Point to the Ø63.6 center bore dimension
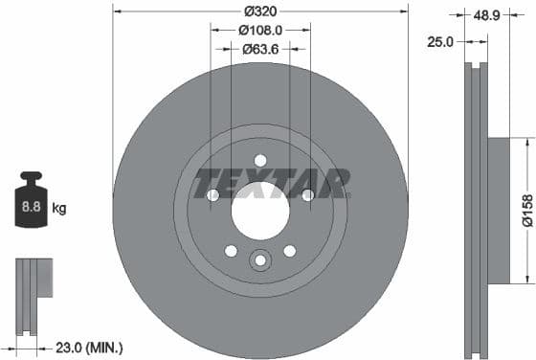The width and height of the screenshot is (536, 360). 259,48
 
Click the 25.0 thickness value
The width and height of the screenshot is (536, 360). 442,41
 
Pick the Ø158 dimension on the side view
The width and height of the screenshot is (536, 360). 525,210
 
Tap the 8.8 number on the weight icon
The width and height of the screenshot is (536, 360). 31,205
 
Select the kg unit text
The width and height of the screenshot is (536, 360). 58,206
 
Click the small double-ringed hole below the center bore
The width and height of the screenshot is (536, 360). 260,259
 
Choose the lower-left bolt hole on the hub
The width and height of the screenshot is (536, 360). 231,251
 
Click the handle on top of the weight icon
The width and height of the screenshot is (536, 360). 30,179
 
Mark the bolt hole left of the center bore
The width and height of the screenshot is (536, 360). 212,196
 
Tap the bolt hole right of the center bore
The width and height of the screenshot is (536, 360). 307,196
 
